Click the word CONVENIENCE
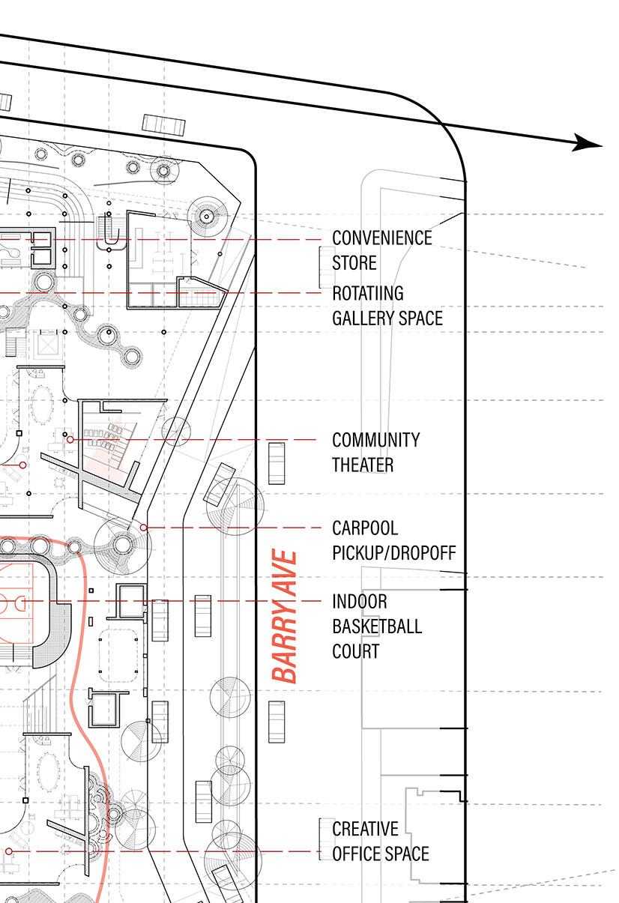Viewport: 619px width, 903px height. tap(382, 238)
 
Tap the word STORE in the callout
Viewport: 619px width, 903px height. tap(354, 264)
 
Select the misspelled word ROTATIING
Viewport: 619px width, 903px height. tap(368, 293)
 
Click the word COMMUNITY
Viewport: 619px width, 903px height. tap(375, 440)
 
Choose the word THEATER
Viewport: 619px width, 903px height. tap(363, 465)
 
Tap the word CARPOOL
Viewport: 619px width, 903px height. tap(365, 529)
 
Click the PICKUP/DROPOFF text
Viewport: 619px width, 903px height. tap(394, 554)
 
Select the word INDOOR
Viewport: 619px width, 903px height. tap(360, 602)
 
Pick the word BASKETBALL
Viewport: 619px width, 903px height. tap(377, 626)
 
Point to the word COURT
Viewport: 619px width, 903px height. tap(356, 651)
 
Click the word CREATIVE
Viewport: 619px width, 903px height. tap(365, 830)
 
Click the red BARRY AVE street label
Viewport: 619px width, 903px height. tap(286, 617)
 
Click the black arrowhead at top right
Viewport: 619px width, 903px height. tap(588, 142)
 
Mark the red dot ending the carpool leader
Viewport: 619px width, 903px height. tap(142, 528)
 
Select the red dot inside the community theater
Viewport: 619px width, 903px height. tap(70, 440)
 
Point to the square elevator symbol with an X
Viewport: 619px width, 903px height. tap(46, 345)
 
